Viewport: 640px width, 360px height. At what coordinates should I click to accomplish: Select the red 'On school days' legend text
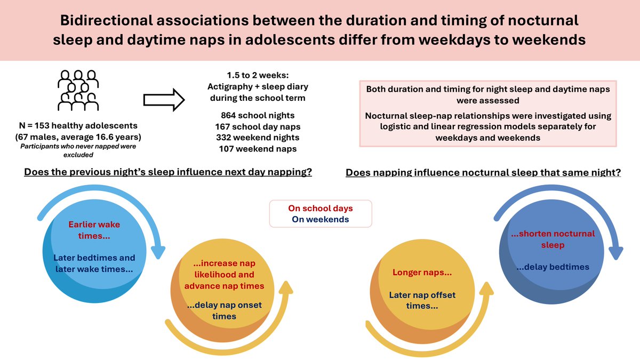click(320, 209)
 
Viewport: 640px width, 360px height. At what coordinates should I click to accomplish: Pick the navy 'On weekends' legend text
click(320, 219)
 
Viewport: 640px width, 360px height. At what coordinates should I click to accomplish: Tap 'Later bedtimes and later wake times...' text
click(94, 263)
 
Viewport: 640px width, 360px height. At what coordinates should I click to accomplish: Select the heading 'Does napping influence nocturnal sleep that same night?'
click(483, 173)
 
